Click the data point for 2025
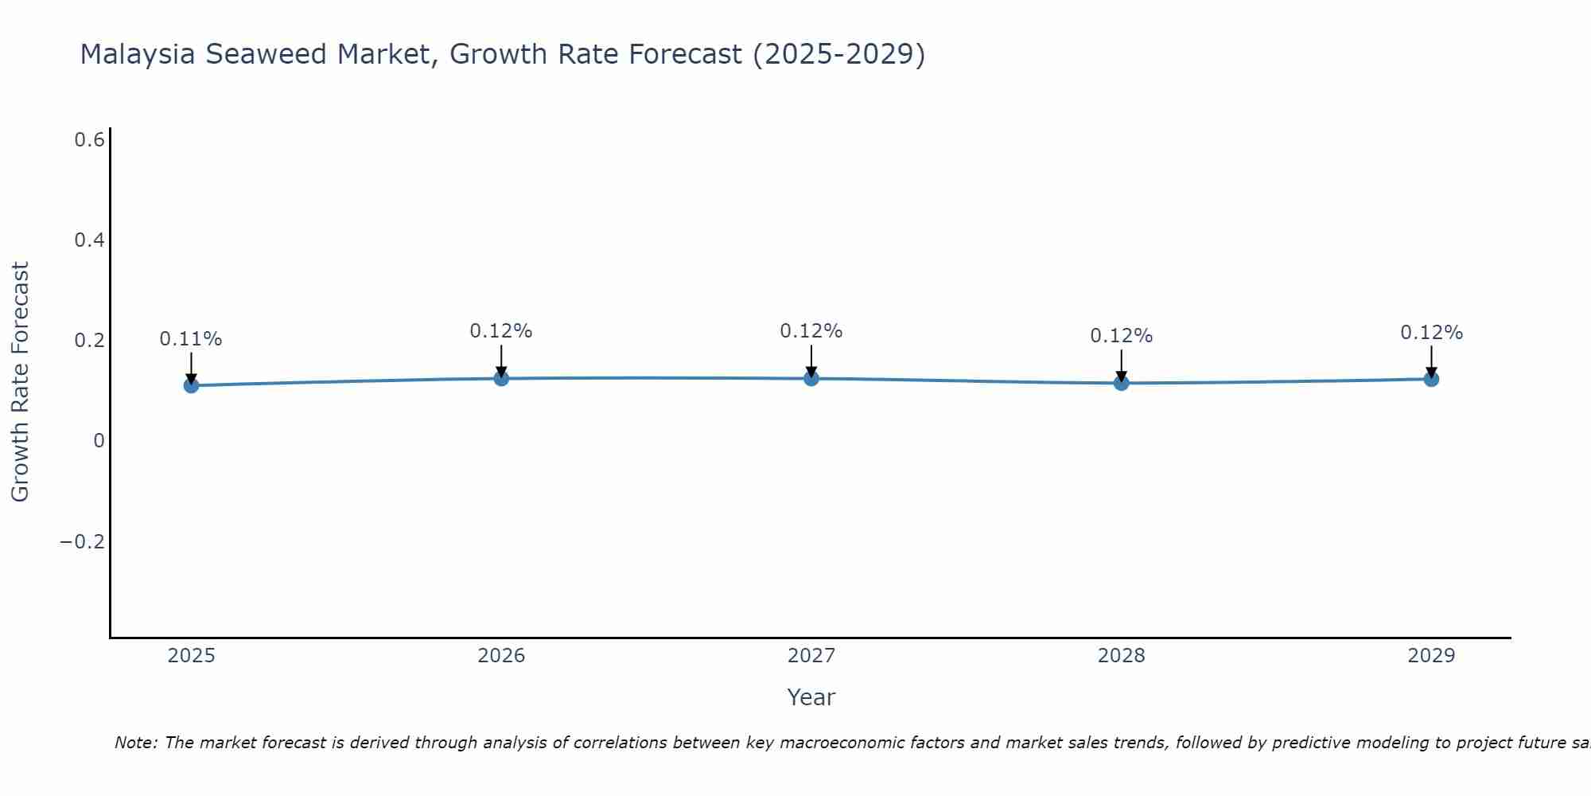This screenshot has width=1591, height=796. [191, 385]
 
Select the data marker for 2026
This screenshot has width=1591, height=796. [501, 378]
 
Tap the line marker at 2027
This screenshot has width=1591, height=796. [811, 378]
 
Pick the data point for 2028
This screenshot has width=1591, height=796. [1122, 383]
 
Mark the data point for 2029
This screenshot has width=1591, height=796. [1431, 379]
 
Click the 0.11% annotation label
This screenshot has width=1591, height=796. [191, 339]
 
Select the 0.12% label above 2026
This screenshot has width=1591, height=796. [501, 331]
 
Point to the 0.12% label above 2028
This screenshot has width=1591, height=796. [1122, 336]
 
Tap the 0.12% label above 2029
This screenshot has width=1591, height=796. [1431, 333]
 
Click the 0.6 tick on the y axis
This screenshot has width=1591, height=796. [90, 140]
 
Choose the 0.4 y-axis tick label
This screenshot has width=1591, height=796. [90, 240]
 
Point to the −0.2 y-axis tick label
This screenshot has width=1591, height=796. [83, 542]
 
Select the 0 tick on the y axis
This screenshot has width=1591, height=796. [99, 441]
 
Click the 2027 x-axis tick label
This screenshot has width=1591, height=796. [811, 656]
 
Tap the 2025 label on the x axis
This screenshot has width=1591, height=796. [191, 656]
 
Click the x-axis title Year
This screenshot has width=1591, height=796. [811, 697]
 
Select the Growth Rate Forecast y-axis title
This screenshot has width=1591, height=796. [20, 382]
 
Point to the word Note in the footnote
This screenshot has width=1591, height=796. [135, 743]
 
